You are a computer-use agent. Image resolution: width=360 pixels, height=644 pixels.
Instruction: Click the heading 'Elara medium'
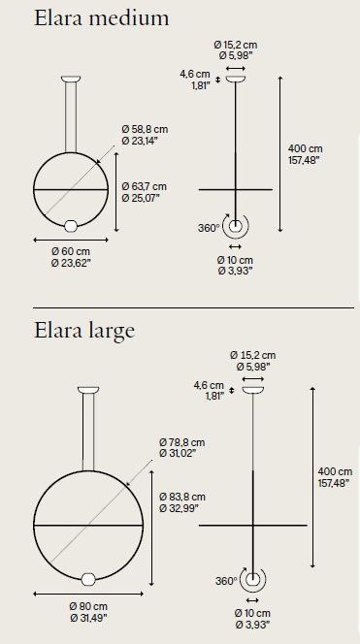87,18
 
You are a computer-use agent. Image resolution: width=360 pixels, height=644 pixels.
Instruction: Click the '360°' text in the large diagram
225,581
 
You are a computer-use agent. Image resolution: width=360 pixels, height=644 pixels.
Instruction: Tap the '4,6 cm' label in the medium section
194,73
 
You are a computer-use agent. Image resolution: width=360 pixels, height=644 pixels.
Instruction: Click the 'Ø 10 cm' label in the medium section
234,260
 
